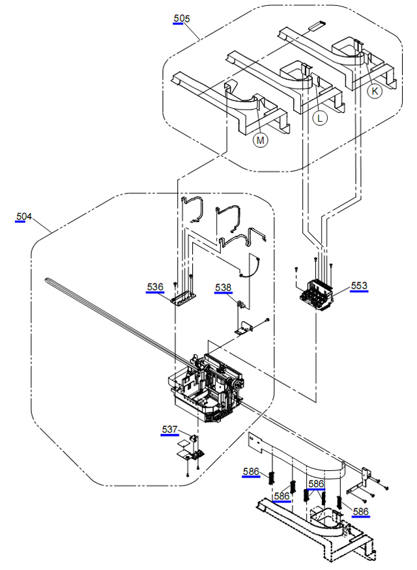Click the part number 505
[182, 18]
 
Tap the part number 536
[155, 287]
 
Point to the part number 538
[223, 287]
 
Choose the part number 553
[359, 285]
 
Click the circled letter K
[374, 92]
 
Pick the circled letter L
[319, 118]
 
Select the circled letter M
[260, 139]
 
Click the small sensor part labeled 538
[242, 304]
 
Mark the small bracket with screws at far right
[364, 479]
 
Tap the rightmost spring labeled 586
[339, 503]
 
